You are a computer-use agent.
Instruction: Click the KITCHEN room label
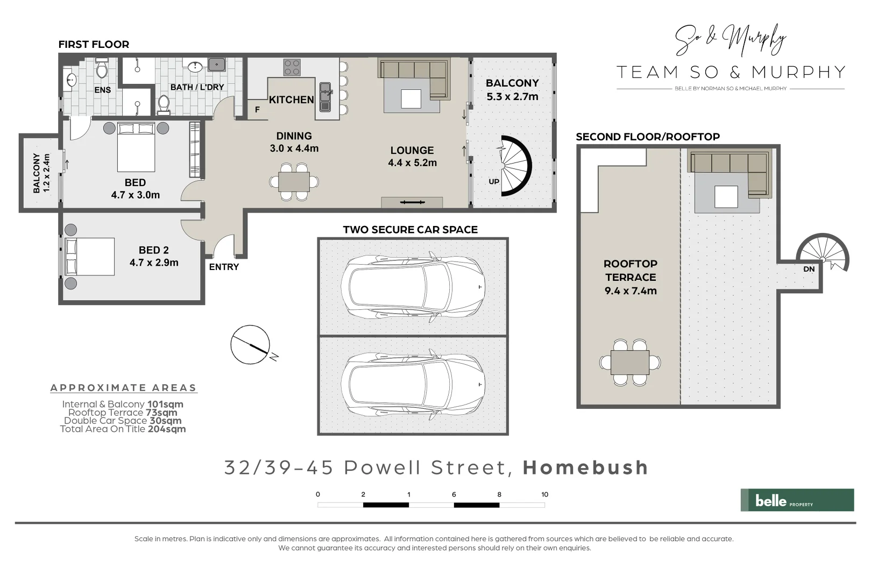291,100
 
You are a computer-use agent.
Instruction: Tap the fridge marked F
257,109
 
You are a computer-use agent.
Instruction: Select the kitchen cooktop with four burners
292,67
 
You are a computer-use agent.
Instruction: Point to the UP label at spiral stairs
494,181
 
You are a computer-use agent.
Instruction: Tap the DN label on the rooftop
809,269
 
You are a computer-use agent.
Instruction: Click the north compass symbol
251,344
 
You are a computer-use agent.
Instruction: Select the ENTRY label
224,267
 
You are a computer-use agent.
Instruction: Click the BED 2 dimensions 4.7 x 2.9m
154,263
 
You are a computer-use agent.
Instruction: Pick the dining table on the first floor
294,182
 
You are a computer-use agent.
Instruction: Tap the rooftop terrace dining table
630,362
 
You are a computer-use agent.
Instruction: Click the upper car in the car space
413,285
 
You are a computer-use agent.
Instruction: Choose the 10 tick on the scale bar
544,494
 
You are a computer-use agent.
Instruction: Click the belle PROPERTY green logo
797,500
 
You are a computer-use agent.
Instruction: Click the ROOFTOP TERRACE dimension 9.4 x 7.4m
631,290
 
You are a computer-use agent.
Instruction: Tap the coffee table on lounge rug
411,98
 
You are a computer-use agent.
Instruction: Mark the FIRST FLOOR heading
94,45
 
